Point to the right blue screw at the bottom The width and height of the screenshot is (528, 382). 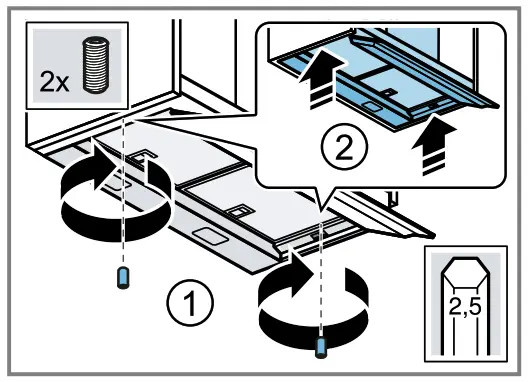(321, 346)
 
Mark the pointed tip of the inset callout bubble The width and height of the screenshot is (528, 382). (317, 204)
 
